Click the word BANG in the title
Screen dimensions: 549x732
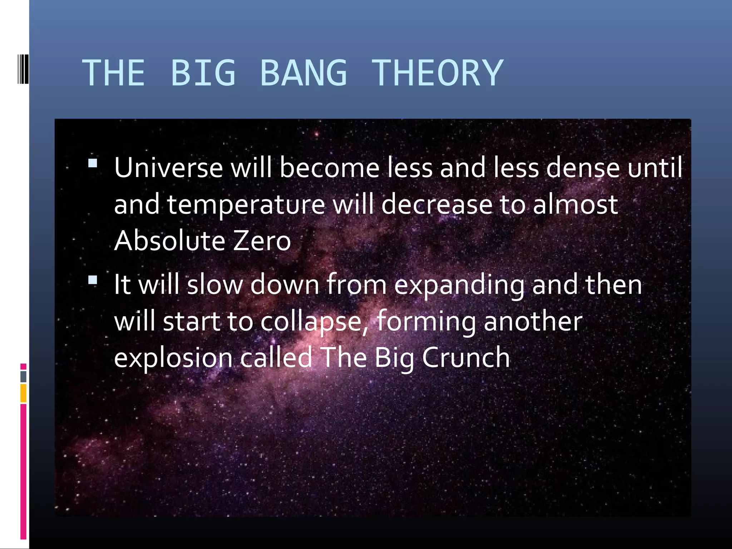click(x=303, y=73)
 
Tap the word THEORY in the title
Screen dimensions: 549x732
click(x=437, y=73)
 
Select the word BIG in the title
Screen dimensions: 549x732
click(x=203, y=73)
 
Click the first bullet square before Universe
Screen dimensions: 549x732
click(x=93, y=163)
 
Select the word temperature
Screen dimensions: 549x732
click(x=246, y=205)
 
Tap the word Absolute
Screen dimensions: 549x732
click(x=169, y=241)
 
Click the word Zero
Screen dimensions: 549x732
click(x=262, y=241)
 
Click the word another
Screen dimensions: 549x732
click(x=533, y=321)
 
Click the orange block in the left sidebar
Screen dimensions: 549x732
click(x=23, y=393)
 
